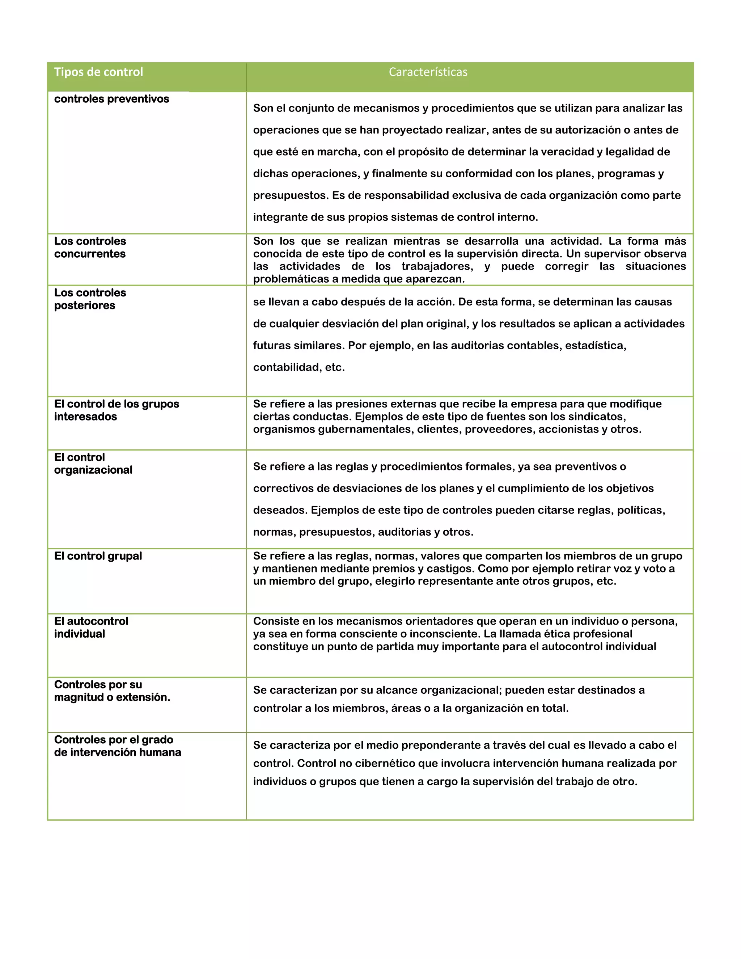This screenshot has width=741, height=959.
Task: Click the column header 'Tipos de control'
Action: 98,72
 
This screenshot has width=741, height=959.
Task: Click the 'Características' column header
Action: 428,72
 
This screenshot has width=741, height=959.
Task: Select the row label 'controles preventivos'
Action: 111,99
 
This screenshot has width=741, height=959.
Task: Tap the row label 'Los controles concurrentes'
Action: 90,248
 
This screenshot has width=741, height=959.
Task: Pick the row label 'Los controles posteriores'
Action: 90,299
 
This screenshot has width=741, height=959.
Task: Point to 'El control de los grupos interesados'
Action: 117,410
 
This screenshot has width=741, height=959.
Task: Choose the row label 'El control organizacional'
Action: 93,464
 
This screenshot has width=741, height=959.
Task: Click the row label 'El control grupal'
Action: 98,556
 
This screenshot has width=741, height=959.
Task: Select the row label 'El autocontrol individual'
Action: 91,628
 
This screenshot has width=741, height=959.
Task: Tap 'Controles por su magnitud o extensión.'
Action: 112,691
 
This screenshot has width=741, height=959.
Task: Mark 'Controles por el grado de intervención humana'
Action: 117,746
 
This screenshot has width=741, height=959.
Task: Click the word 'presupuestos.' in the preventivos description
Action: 291,195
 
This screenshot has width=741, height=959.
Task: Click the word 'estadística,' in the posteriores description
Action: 595,346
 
